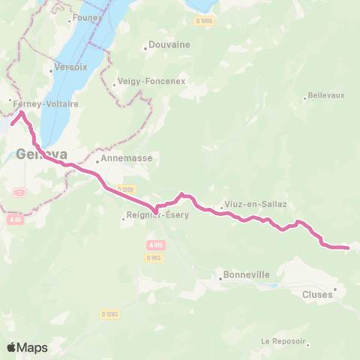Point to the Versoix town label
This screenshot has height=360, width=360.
(65, 67)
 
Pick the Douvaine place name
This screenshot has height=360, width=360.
(169, 44)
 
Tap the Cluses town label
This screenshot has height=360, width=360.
(317, 295)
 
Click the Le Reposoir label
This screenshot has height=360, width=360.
(283, 341)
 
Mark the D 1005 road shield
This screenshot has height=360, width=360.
(205, 21)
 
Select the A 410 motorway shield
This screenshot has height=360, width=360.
(155, 245)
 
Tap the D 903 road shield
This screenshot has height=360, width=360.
(154, 257)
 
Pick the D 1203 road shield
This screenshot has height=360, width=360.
(109, 313)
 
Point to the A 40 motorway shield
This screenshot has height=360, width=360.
(15, 220)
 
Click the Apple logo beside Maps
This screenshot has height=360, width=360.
(11, 348)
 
